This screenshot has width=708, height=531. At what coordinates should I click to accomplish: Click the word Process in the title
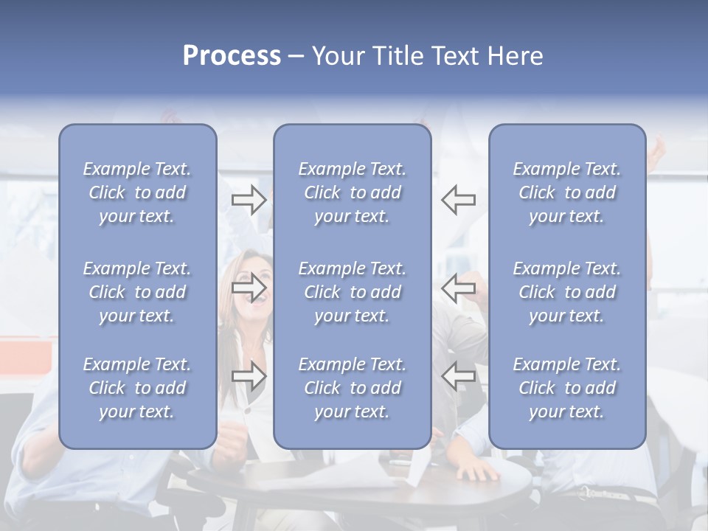[x=232, y=56]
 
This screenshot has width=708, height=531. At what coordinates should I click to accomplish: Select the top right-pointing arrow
[x=249, y=200]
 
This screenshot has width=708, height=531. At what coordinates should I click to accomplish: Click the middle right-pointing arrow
[x=249, y=287]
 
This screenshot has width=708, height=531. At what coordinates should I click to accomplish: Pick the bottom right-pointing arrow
[x=249, y=376]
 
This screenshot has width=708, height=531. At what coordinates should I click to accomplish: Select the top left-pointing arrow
[x=459, y=200]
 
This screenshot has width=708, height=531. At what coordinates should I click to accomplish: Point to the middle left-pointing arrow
[x=459, y=287]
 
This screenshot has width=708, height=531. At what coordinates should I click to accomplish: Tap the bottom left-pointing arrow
[x=459, y=376]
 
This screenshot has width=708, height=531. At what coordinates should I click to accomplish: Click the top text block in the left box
[x=137, y=192]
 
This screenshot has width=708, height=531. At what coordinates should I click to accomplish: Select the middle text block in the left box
[x=137, y=292]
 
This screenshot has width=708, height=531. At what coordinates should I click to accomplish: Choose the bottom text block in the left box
[x=137, y=388]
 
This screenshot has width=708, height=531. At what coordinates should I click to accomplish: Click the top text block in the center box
[x=352, y=192]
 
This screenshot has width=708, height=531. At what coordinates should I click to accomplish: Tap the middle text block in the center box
[x=352, y=292]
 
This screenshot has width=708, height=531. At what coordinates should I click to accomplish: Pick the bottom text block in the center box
[x=352, y=388]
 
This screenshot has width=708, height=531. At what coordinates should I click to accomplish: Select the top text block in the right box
[x=566, y=192]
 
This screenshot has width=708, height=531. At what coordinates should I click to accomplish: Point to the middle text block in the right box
[x=566, y=292]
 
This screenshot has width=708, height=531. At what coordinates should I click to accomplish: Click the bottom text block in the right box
[x=566, y=388]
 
